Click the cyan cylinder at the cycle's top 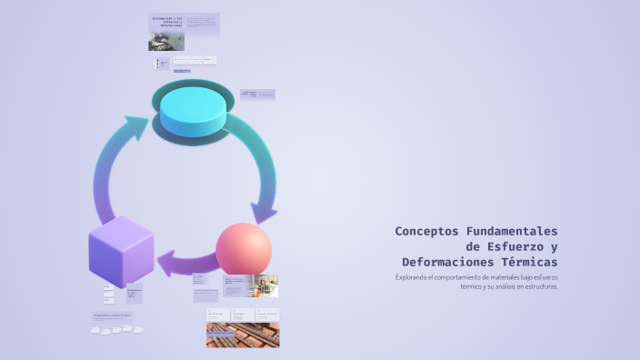tap(193, 107)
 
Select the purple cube tap(121, 250)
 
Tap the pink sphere tap(244, 249)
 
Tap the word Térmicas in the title tap(531, 262)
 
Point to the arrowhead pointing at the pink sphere tap(264, 214)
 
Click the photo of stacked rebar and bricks tap(243, 335)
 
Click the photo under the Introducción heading tap(166, 42)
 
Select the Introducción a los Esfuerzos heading tap(166, 21)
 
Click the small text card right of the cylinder tap(257, 94)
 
